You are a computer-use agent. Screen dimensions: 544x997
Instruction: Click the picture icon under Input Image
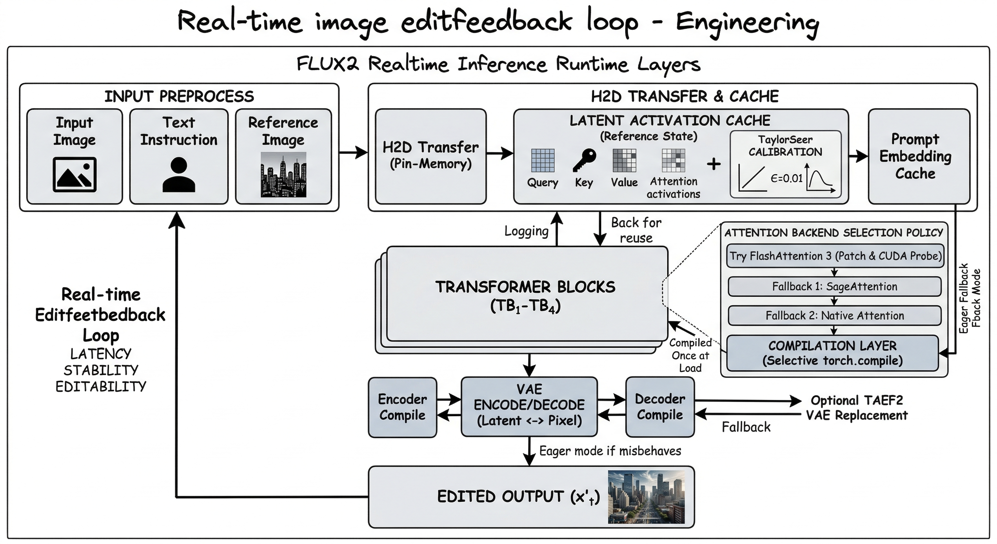tap(74, 174)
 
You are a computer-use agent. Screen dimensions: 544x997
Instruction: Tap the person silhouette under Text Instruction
tap(178, 175)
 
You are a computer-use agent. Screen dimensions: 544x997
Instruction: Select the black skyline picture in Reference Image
tap(283, 175)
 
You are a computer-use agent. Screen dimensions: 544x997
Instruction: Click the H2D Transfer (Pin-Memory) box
tap(431, 156)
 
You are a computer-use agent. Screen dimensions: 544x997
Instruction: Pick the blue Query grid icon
tap(543, 160)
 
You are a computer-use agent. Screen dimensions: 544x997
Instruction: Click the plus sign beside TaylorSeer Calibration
tap(714, 164)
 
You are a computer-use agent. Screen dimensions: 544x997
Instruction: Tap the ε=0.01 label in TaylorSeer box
tap(786, 178)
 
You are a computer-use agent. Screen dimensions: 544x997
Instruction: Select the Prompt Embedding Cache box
tap(915, 156)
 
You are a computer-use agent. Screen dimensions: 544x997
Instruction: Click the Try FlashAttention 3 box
tap(835, 256)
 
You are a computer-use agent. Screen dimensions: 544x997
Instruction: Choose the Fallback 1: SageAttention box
tap(834, 287)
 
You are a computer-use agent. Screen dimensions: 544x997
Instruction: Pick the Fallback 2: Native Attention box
tap(834, 316)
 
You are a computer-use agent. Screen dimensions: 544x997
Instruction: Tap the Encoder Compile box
tap(402, 407)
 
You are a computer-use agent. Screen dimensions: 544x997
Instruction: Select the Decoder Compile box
tap(660, 407)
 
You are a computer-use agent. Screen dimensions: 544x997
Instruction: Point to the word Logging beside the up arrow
tap(526, 231)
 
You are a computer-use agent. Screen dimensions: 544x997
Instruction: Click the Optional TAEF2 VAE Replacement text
tap(856, 408)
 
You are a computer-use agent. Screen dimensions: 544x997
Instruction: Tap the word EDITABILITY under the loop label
tap(101, 386)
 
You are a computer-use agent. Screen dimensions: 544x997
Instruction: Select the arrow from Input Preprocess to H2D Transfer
tap(353, 153)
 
